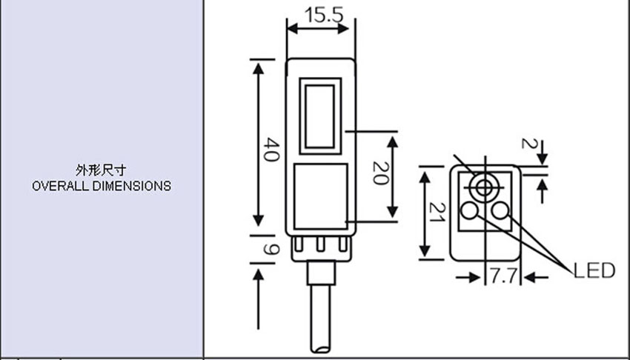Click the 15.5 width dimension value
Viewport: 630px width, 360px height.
point(324,15)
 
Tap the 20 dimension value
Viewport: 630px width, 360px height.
point(381,173)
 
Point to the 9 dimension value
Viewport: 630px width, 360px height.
point(271,249)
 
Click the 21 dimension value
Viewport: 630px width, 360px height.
point(437,213)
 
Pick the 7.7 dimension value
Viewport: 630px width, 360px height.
point(503,276)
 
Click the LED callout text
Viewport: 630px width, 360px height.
point(594,270)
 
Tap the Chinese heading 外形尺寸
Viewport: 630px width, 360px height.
point(101,170)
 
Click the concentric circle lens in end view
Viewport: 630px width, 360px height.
point(484,187)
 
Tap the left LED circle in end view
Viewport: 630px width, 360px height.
point(469,210)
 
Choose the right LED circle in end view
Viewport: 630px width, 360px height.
point(500,210)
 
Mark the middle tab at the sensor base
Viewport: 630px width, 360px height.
point(320,244)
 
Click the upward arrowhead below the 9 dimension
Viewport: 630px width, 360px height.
point(259,275)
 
